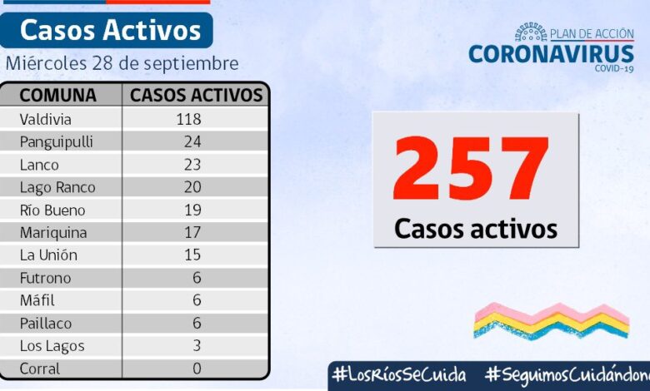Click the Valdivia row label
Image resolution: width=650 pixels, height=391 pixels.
coord(46,118)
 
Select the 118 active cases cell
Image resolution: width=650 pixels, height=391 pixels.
coord(188,118)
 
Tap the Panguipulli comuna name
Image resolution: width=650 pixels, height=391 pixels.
coord(56,141)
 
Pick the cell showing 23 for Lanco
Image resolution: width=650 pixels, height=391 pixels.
coord(192,164)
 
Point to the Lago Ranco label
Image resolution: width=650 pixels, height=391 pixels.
coord(57,187)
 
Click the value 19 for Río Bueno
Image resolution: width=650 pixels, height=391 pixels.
coord(192,210)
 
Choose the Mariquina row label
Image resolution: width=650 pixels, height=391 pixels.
coord(53,233)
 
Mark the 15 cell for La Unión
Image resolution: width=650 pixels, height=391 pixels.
coord(192,255)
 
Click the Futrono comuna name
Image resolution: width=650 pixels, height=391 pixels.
coord(46,278)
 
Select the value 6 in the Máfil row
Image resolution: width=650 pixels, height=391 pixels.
coord(196,300)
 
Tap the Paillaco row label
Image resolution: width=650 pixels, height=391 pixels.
coord(47,324)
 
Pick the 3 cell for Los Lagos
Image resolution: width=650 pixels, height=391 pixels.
coord(196,346)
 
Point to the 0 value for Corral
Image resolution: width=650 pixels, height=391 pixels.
coord(196,369)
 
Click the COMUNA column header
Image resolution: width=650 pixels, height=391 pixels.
coord(57,94)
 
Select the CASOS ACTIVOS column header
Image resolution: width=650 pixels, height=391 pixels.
coord(197,94)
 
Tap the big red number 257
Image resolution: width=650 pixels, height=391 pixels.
coord(472,170)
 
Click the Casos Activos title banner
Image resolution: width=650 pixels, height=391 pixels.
coord(110,31)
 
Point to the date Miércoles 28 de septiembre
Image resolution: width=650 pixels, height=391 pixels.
coord(122,63)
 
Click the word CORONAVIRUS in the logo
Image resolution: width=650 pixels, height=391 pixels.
coord(551,53)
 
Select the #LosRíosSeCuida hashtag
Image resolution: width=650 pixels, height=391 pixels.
coord(399,374)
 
